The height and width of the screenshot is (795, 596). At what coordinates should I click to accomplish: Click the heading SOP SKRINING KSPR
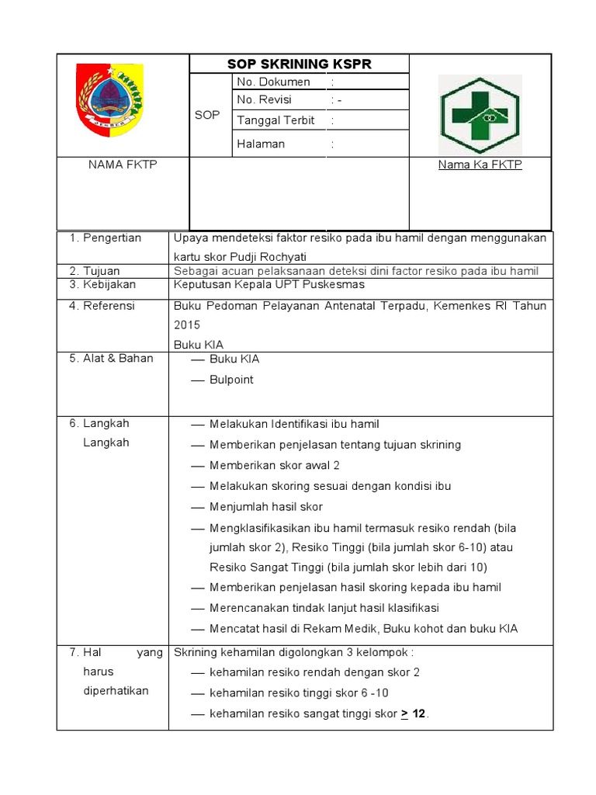pos(299,64)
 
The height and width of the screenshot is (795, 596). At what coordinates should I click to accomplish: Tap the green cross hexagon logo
pos(480,115)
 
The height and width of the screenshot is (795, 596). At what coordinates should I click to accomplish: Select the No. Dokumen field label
pos(273,82)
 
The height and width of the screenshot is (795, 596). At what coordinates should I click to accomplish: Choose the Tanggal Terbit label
pos(275,120)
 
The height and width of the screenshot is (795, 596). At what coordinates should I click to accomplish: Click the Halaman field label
pos(261,144)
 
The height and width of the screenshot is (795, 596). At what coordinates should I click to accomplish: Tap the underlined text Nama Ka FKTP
pos(480,165)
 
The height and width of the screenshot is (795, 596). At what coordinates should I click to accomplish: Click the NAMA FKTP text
pos(123,165)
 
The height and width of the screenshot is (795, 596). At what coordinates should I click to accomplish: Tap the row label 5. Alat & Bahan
pos(112,358)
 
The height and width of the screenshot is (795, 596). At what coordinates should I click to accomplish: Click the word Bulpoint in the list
pos(231,380)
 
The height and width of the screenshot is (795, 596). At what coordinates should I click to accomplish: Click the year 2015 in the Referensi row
pos(187,325)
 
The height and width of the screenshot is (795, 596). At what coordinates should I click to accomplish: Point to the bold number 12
pos(419,713)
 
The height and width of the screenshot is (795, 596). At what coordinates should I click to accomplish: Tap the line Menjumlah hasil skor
pos(265,506)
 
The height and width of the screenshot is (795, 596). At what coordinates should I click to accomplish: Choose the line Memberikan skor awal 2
pos(274,465)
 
